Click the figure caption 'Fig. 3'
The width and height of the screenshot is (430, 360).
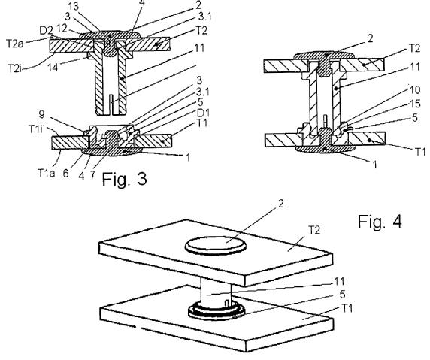click(x=125, y=179)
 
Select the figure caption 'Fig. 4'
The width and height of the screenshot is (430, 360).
click(x=380, y=221)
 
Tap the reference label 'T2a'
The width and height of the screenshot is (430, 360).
click(x=15, y=43)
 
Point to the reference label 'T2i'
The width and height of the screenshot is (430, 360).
click(x=14, y=68)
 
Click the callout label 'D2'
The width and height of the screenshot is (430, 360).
click(x=46, y=30)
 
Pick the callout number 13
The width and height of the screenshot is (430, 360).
click(x=72, y=6)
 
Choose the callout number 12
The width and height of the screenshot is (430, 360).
click(x=62, y=28)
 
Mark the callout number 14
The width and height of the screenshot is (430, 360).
click(x=53, y=67)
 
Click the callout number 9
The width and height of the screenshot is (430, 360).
click(x=41, y=114)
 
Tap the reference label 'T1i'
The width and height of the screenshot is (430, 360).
click(x=36, y=129)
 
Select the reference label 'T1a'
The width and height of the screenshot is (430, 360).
click(x=46, y=173)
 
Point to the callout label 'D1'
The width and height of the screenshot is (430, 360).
click(x=201, y=113)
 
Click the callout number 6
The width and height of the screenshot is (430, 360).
click(x=65, y=174)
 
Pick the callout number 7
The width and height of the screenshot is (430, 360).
click(x=92, y=174)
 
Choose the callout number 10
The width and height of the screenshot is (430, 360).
click(x=415, y=89)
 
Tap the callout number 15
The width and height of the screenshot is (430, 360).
click(x=415, y=104)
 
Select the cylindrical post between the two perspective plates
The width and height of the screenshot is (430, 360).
click(x=216, y=293)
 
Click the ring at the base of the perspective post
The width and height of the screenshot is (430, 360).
click(x=217, y=313)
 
